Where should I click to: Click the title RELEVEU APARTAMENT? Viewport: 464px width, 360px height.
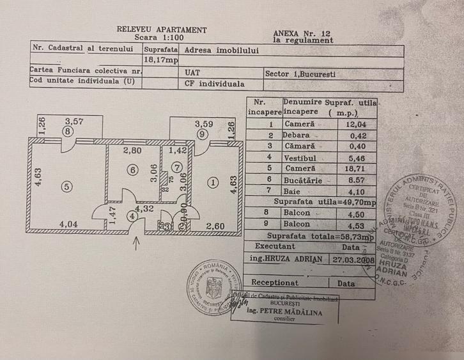[162, 29]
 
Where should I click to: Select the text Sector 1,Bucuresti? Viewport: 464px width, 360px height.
[300, 73]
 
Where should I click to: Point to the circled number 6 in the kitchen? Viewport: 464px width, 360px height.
[132, 170]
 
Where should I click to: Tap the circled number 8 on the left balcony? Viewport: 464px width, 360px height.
[67, 132]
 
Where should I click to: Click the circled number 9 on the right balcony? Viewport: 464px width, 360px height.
[203, 134]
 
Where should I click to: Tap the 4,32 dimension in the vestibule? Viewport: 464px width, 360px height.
[145, 208]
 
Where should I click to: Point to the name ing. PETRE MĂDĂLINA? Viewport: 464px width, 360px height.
[295, 313]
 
